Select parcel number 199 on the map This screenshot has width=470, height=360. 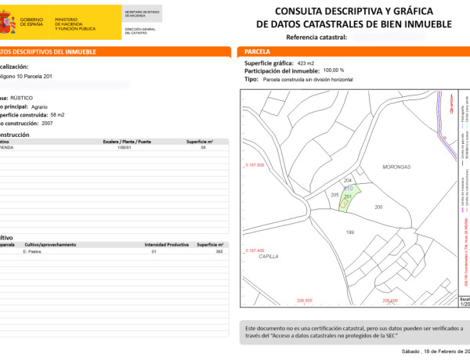[350, 232]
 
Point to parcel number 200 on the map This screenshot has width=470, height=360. [379, 207]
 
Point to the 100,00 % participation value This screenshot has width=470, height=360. [334, 70]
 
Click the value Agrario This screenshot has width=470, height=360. [38, 106]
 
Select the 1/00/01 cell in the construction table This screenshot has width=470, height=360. [123, 147]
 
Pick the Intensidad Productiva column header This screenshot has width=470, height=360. [166, 245]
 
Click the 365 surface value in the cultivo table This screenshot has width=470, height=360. [220, 252]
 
